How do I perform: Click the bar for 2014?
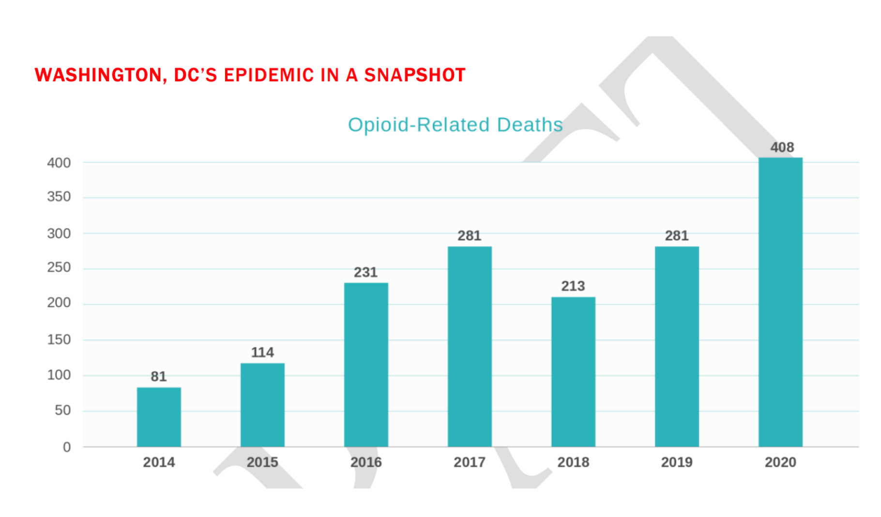point(159,417)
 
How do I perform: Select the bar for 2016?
point(366,365)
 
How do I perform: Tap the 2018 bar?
point(573,372)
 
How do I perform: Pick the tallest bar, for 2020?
point(780,302)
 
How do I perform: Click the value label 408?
point(782,147)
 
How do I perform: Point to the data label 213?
point(573,286)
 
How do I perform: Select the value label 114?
point(262,352)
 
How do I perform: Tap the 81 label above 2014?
point(159,376)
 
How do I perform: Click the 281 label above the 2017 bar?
point(470,236)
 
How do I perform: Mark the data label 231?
point(366,272)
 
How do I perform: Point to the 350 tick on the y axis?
point(59,197)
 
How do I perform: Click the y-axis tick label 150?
point(59,339)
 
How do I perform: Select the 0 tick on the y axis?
point(67,447)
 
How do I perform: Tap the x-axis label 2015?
point(262,462)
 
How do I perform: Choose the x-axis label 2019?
point(677,462)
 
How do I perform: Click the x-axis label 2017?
point(470,462)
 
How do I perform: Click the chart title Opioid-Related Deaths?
point(455,125)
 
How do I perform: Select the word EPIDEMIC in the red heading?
point(269,75)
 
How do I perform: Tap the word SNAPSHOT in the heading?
point(415,75)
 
